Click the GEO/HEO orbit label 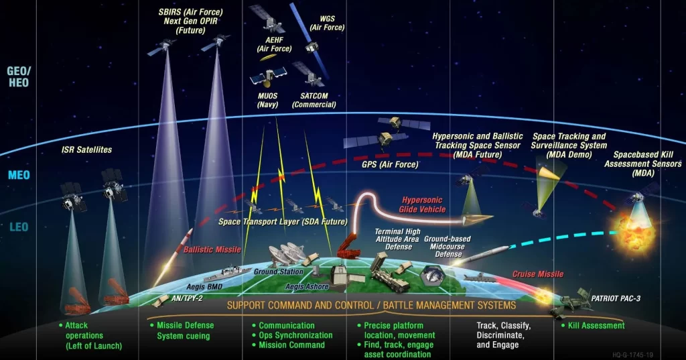(19, 76)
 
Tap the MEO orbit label (19, 175)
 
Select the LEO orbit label (19, 227)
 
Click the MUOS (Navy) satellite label (268, 100)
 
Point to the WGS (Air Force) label (327, 23)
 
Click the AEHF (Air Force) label (274, 44)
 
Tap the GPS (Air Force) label (390, 165)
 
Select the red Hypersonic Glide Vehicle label (422, 204)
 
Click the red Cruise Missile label (538, 274)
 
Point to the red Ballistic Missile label (212, 249)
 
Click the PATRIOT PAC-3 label (616, 299)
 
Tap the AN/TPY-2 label (187, 298)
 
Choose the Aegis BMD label (204, 287)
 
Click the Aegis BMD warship (228, 274)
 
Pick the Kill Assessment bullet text (593, 325)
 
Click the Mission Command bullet (288, 345)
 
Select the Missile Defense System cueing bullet (182, 331)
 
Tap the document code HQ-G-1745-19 (632, 355)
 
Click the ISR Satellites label (86, 149)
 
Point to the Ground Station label (279, 272)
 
